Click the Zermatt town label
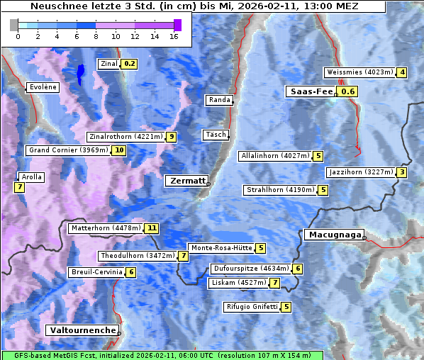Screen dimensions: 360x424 [x=186, y=181]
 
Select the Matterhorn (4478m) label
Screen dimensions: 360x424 [x=105, y=228]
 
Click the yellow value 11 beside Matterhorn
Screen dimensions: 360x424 [x=151, y=228]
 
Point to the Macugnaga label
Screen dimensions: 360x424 [x=333, y=235]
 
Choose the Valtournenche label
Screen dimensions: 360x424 [x=82, y=330]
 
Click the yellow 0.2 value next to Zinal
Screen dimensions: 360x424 [x=129, y=64]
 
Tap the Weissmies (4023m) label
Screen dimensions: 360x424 [x=359, y=72]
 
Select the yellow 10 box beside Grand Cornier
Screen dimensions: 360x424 [x=119, y=150]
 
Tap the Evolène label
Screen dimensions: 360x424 [x=43, y=87]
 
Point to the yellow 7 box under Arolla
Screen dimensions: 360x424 [x=19, y=187]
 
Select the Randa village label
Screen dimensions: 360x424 [x=219, y=100]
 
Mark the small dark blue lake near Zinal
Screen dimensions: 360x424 [x=80, y=71]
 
